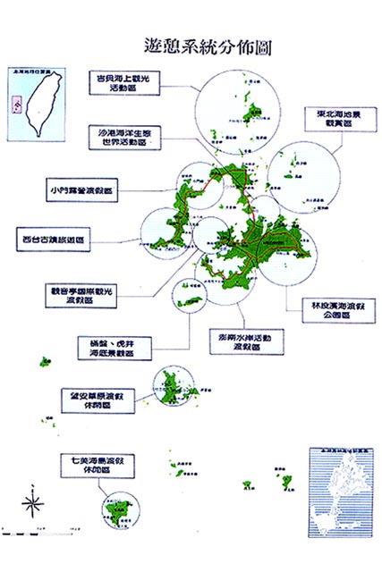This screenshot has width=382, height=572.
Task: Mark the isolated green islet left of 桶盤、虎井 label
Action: [x=45, y=361]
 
